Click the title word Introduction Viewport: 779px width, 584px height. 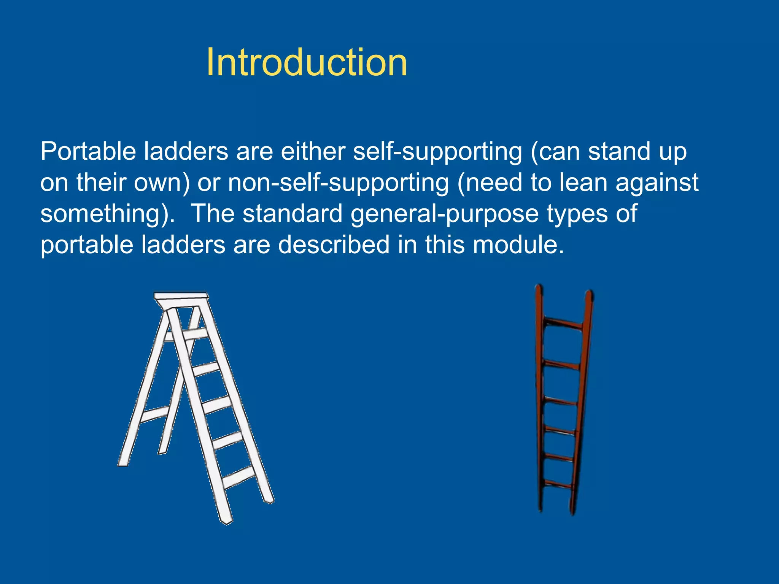(x=307, y=63)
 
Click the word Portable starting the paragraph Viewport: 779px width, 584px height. (x=88, y=151)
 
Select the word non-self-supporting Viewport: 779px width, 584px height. (x=338, y=183)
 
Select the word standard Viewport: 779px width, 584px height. (x=293, y=214)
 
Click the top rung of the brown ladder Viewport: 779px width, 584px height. (x=563, y=324)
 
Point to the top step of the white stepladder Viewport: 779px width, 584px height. (x=196, y=334)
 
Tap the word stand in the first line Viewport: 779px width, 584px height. (x=619, y=151)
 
